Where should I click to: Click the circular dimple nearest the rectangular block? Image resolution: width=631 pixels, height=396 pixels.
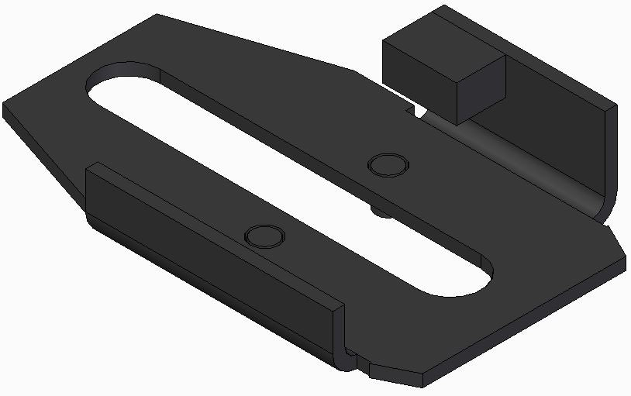pos(387,165)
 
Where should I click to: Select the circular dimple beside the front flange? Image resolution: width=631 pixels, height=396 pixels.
pos(264,235)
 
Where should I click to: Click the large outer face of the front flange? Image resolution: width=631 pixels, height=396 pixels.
pos(209,256)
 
